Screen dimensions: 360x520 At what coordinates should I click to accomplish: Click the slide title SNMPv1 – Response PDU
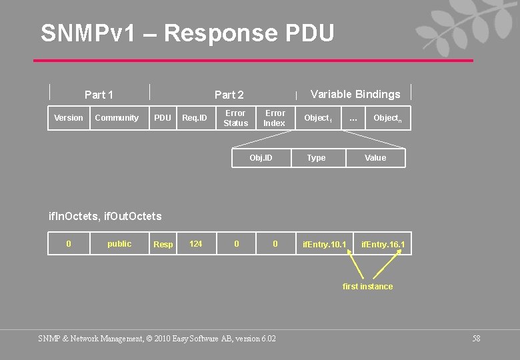tap(187, 33)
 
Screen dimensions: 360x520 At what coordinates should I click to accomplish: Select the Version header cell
tap(69, 118)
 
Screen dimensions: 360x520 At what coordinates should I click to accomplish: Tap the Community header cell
tap(117, 118)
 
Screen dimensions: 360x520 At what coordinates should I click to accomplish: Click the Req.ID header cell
tap(195, 118)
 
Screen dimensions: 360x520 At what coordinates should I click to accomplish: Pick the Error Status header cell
tap(235, 118)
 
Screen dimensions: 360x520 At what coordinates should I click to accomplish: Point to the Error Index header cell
tap(275, 118)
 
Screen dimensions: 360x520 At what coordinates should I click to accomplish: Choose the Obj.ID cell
tap(261, 158)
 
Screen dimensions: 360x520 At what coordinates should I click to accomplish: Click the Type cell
tap(316, 158)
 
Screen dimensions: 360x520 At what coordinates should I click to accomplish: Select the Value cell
tap(375, 158)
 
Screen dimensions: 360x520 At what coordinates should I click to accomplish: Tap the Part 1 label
tap(99, 95)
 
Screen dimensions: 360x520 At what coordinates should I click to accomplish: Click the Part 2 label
tap(229, 95)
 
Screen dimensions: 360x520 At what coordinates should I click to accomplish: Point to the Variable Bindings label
tap(355, 94)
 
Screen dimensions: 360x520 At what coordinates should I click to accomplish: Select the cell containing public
tap(119, 244)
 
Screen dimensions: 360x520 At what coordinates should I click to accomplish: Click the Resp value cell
tap(163, 245)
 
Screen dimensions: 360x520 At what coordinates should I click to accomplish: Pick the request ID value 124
tap(196, 244)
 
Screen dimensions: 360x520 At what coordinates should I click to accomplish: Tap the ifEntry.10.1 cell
tap(325, 245)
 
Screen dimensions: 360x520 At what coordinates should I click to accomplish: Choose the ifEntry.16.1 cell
tap(383, 245)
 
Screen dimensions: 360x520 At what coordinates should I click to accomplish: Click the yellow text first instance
tap(367, 287)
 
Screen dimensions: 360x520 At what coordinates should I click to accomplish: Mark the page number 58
tap(476, 339)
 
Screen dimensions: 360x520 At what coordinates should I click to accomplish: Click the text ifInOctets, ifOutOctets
tap(105, 216)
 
